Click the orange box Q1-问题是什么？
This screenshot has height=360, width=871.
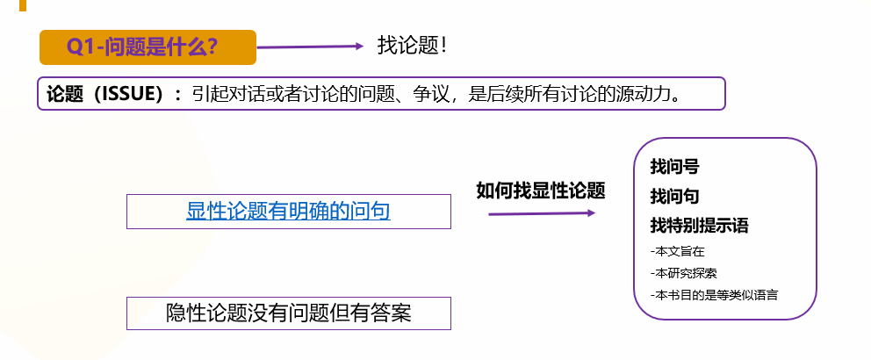point(148,47)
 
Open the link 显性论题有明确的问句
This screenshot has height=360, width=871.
point(288,212)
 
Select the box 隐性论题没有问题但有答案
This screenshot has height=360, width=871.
point(288,313)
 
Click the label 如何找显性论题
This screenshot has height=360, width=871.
point(541,191)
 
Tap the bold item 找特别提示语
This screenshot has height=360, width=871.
point(699,226)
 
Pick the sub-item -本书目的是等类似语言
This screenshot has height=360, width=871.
point(714,294)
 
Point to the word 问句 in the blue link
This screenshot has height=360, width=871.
point(371,212)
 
